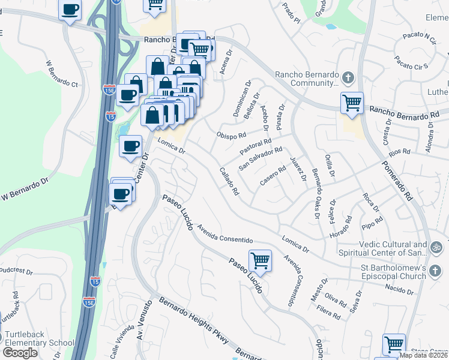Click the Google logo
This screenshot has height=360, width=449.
pyautogui.click(x=20, y=352)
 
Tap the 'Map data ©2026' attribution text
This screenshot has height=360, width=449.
pyautogui.click(x=424, y=355)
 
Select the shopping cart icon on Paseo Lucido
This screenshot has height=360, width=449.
pyautogui.click(x=260, y=260)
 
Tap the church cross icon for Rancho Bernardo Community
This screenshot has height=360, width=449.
pyautogui.click(x=348, y=77)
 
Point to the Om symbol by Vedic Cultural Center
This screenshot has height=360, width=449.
pyautogui.click(x=436, y=246)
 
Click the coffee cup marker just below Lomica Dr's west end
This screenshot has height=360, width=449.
pyautogui.click(x=130, y=146)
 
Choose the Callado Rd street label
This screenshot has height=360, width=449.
pyautogui.click(x=229, y=181)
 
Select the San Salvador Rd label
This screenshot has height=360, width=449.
pyautogui.click(x=260, y=158)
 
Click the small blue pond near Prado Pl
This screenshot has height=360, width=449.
pyautogui.click(x=330, y=26)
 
